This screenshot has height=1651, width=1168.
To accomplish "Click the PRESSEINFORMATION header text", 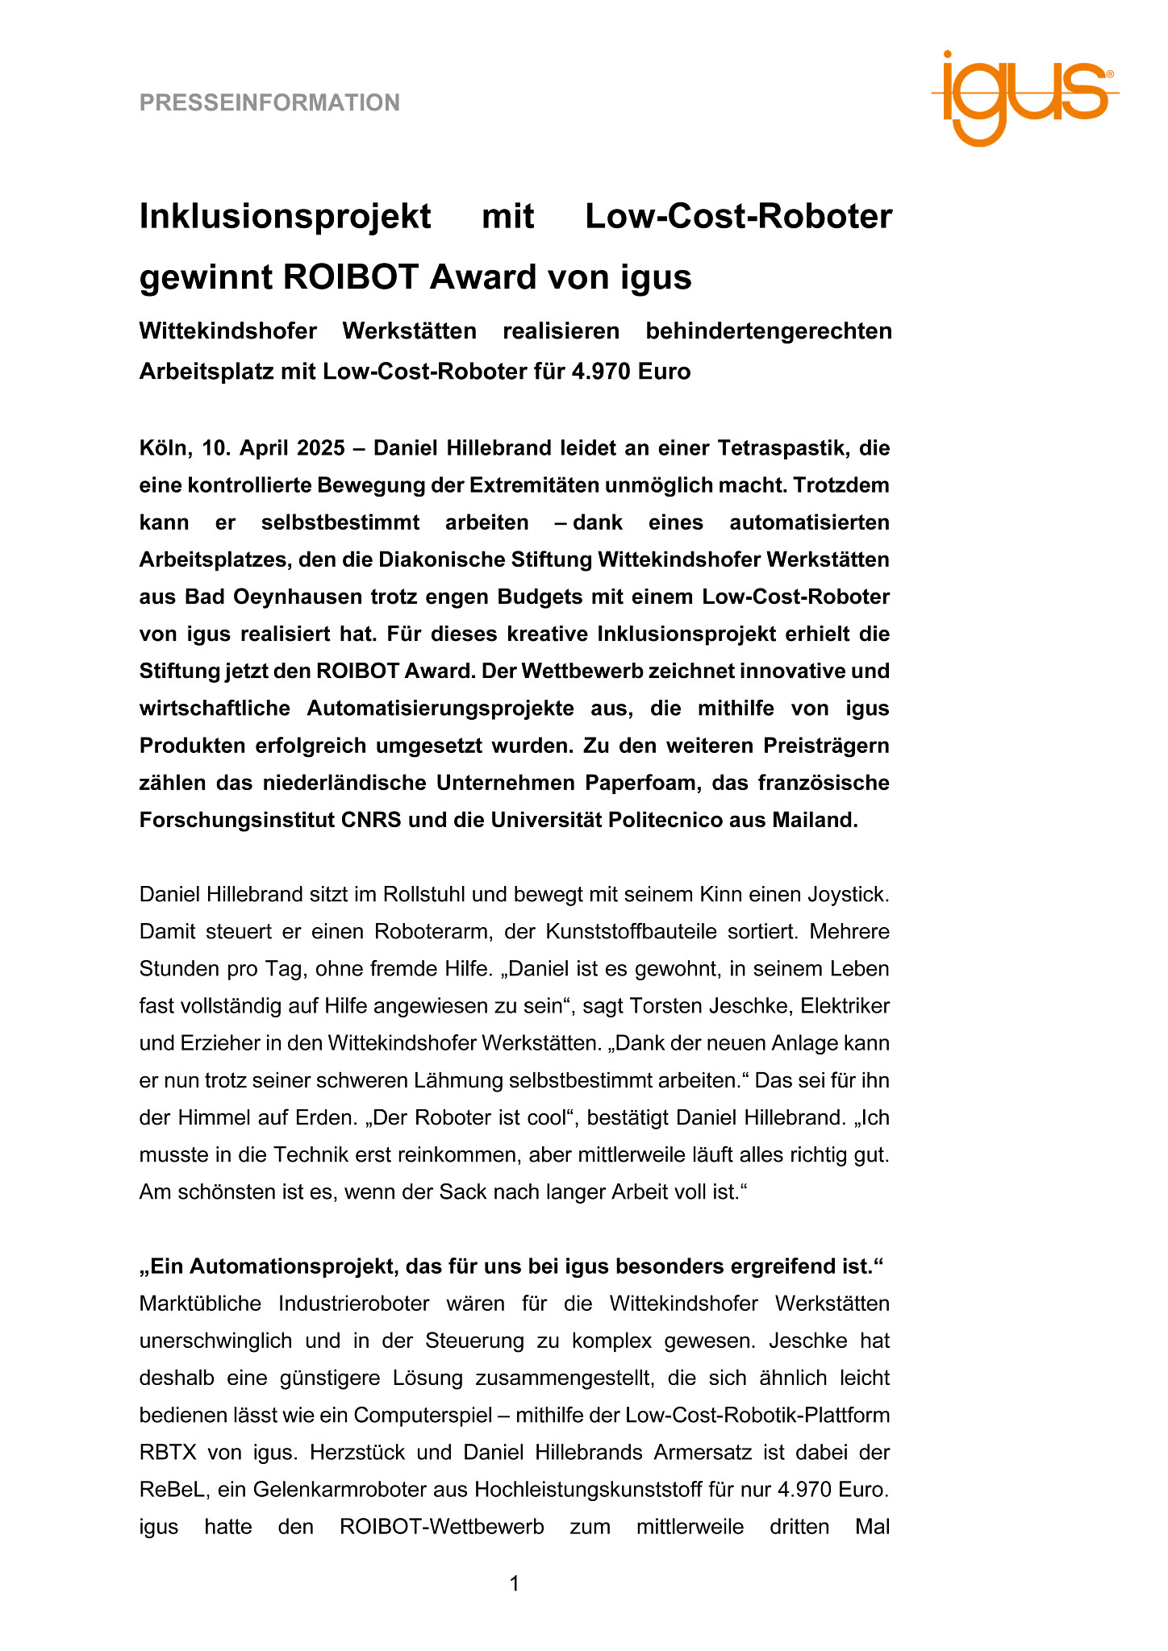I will coord(269,103).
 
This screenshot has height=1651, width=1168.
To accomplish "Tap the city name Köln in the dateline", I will coord(164,447).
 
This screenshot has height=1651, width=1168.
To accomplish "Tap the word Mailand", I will coord(815,820).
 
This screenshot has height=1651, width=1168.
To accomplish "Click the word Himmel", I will coord(205,1118).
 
